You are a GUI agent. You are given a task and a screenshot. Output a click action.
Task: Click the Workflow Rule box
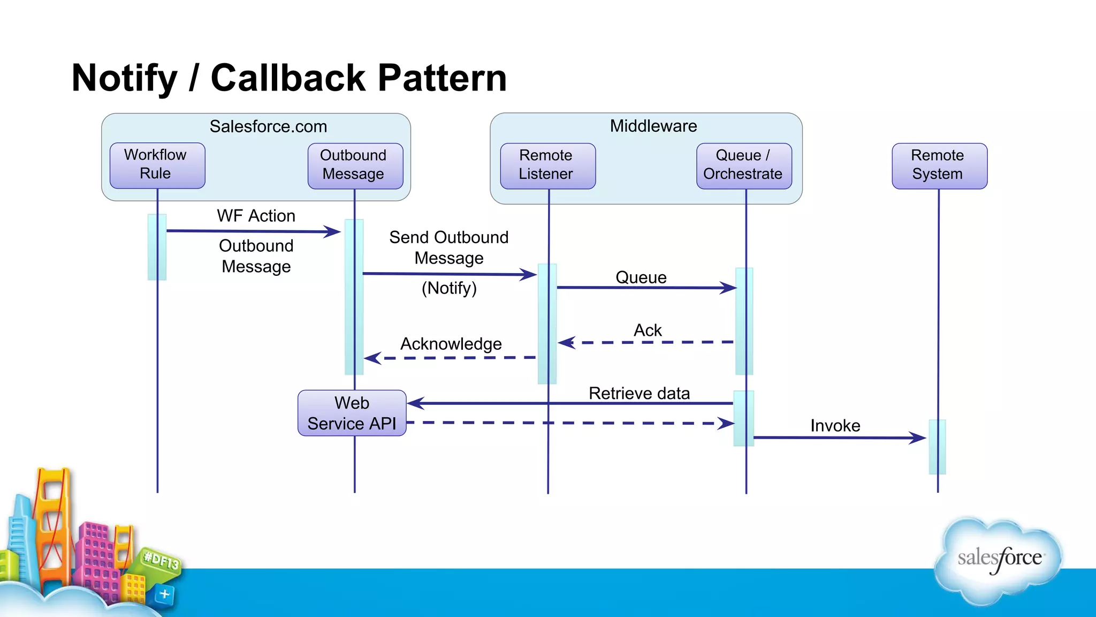[157, 165]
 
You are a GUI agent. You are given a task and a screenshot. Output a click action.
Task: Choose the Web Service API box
[352, 413]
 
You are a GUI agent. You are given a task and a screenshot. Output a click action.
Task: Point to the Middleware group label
[653, 126]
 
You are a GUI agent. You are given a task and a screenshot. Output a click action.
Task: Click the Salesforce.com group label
[268, 127]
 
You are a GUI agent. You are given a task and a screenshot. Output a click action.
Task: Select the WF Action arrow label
[256, 216]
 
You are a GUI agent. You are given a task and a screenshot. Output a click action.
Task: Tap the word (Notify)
[449, 288]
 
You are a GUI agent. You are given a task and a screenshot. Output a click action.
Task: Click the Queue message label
[641, 277]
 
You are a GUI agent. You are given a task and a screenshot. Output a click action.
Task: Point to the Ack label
[648, 330]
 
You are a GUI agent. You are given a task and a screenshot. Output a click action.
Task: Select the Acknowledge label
[451, 344]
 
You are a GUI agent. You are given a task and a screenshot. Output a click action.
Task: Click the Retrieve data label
[639, 394]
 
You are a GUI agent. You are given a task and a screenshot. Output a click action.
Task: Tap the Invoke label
[835, 426]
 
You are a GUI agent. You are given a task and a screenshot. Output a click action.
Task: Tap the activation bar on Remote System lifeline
[937, 447]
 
